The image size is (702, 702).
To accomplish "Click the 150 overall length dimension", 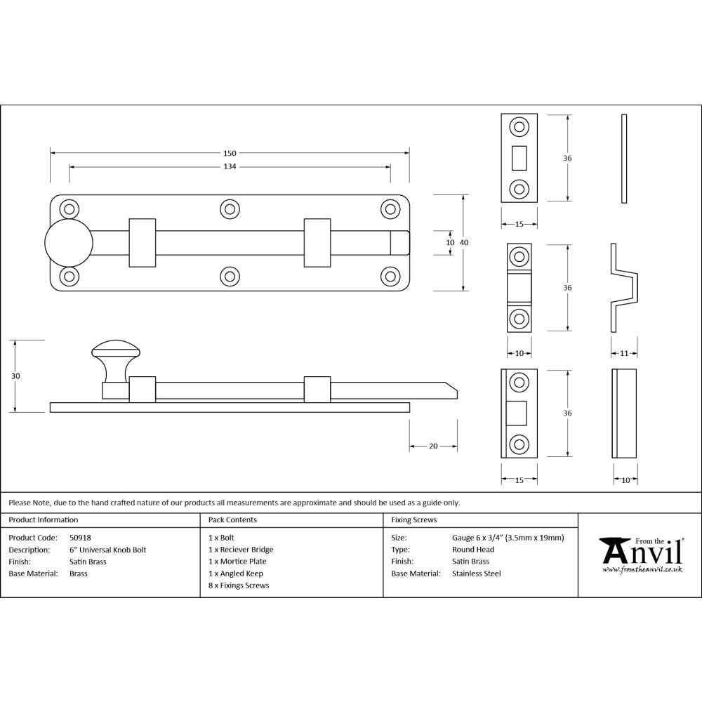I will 230,153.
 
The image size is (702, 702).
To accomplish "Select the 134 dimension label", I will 230,166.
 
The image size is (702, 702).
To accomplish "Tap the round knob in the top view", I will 69,242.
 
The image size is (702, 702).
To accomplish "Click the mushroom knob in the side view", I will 116,350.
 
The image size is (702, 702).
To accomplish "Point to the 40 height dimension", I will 464,242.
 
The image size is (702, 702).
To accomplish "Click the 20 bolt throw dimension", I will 433,446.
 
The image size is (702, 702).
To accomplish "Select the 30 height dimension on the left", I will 16,376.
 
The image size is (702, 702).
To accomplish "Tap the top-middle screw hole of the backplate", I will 230,208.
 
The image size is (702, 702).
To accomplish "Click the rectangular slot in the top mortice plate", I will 519,158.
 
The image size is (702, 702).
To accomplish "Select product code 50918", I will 81,538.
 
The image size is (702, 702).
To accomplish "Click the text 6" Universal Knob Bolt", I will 107,550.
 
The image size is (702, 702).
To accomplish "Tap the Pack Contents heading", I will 232,520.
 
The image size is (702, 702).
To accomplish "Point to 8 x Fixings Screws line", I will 239,585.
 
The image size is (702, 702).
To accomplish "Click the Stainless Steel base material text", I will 477,574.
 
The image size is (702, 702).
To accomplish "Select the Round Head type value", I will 473,550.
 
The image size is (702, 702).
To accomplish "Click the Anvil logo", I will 640,555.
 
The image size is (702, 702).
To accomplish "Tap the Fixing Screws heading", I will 413,520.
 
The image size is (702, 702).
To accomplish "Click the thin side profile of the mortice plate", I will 624,159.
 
